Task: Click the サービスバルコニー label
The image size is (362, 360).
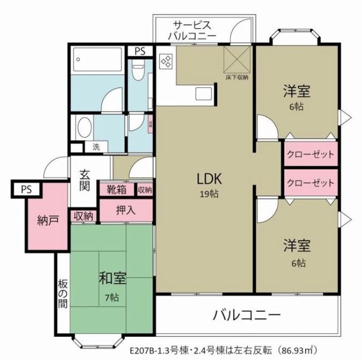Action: (192, 31)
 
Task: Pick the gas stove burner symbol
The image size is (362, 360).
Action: (167, 62)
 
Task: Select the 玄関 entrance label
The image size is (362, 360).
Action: (84, 181)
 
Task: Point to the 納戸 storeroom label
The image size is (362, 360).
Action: (48, 220)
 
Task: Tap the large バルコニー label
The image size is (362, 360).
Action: (247, 314)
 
